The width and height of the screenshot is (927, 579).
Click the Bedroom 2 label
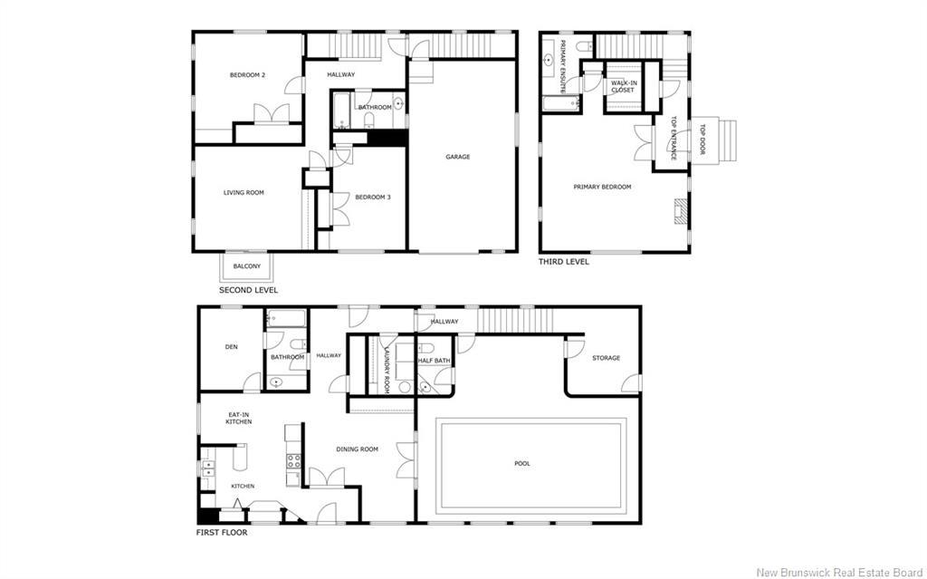(x=247, y=75)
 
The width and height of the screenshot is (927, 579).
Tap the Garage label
(x=457, y=157)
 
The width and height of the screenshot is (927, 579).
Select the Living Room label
(x=244, y=192)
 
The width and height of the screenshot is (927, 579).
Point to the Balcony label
(x=246, y=266)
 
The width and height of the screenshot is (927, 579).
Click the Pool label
(x=522, y=464)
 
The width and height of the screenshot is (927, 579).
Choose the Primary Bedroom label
(x=602, y=187)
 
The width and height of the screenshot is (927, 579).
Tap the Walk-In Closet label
(x=623, y=86)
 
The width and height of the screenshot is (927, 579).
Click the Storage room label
(x=606, y=358)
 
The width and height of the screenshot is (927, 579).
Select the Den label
(x=231, y=347)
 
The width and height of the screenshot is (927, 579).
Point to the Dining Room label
(x=357, y=449)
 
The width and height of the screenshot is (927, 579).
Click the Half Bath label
(x=434, y=361)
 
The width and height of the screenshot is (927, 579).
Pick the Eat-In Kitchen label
(x=239, y=418)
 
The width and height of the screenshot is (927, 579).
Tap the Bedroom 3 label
(x=372, y=198)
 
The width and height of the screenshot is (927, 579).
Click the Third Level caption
(x=563, y=262)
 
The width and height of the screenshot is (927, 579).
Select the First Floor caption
(x=222, y=533)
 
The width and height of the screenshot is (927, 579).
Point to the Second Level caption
(x=248, y=290)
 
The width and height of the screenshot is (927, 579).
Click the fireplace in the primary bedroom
(x=682, y=211)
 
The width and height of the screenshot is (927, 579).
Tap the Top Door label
(x=702, y=140)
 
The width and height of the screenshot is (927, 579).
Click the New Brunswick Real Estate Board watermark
(x=839, y=572)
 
